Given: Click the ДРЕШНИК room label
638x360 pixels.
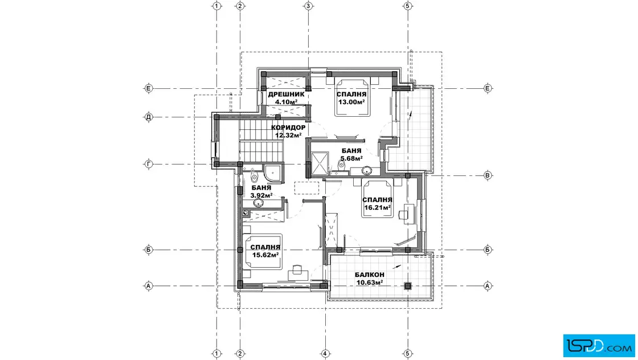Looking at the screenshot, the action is pos(286,95).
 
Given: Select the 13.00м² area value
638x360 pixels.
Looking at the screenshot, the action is pos(351,102).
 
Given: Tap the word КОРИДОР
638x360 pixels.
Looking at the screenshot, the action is pos(288,128).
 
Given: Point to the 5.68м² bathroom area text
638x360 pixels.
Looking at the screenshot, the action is pos(351,158).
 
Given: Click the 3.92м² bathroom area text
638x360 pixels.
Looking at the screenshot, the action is pos(261,195).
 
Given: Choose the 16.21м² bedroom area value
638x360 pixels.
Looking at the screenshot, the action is pos(377,207).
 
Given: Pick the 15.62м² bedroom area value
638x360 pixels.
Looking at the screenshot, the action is pos(265,255).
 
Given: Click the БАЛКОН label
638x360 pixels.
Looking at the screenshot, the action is pos(370,275).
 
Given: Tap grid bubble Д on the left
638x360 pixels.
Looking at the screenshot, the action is pos(149,117).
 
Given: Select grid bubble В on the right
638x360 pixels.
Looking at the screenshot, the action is pos(488,175).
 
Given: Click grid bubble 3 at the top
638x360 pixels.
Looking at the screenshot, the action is pos(308,6).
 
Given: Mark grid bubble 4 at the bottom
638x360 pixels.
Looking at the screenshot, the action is pos(325,354).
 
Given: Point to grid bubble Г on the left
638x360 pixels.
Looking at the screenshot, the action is pos(149,165).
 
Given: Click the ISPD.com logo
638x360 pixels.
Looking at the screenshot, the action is pos(599,346).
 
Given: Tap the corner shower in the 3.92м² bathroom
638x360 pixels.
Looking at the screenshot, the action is pos(272,173).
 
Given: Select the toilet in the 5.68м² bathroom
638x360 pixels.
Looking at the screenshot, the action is pos(341,165).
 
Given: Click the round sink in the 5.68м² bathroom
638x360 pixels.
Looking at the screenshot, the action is pos(367,170).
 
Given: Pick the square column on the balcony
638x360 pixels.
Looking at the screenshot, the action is pos(408,286).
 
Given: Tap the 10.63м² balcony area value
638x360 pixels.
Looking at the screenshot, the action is pos(370,283).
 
